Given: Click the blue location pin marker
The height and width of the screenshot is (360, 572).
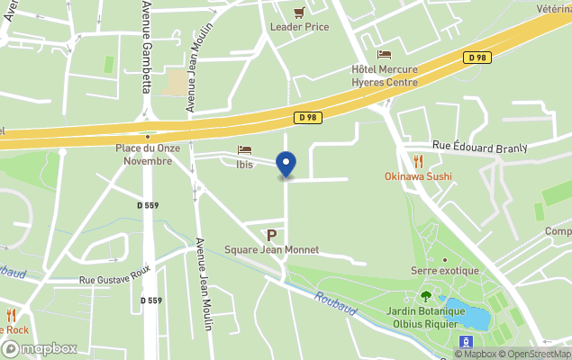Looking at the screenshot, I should click(286, 165).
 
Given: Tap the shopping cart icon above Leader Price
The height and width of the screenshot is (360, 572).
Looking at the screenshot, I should click(299, 12).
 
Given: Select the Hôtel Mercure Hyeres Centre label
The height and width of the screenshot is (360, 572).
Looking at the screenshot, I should click(385, 76).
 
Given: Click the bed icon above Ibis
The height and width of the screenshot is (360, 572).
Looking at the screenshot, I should click(243, 150).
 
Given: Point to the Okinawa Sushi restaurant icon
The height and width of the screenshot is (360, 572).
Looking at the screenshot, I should click(418, 161).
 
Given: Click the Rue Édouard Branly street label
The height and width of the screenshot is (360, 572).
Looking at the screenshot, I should click(478, 145).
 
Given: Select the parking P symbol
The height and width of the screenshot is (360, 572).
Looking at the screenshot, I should click(271, 235).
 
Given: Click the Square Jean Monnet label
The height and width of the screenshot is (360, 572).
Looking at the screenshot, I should click(271, 249).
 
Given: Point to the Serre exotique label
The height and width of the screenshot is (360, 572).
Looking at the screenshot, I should click(444, 271).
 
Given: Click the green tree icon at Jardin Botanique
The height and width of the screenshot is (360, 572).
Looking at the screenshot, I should click(425, 295).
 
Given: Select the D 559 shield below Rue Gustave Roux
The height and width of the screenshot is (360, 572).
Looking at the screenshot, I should click(151, 301).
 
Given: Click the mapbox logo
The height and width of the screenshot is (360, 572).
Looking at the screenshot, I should click(39, 348).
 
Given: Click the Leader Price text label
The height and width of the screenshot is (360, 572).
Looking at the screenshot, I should click(299, 27).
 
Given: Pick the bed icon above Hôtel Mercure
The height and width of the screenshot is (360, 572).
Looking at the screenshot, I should click(385, 55).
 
